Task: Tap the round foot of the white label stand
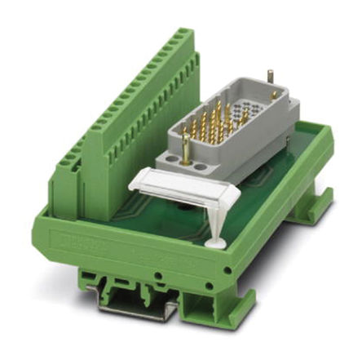coord(215,242)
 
